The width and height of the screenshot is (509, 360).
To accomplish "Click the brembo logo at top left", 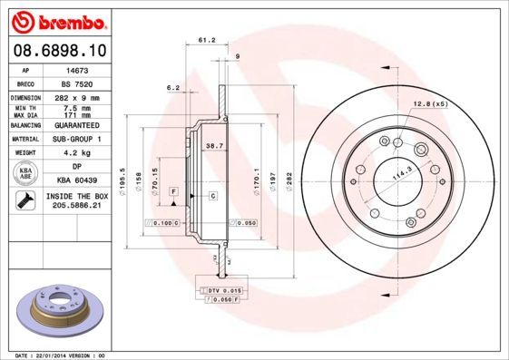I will click(56, 20).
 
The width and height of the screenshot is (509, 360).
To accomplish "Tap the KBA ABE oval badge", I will click(25, 174).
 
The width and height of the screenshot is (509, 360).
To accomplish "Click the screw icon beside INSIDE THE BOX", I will click(25, 201).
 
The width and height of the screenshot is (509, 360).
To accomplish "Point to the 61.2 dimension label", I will click(206, 40).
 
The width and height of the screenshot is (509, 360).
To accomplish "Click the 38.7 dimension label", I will click(214, 146).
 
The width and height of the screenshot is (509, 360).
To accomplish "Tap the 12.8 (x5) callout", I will click(431, 102).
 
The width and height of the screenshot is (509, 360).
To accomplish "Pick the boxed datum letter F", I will click(172, 192).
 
